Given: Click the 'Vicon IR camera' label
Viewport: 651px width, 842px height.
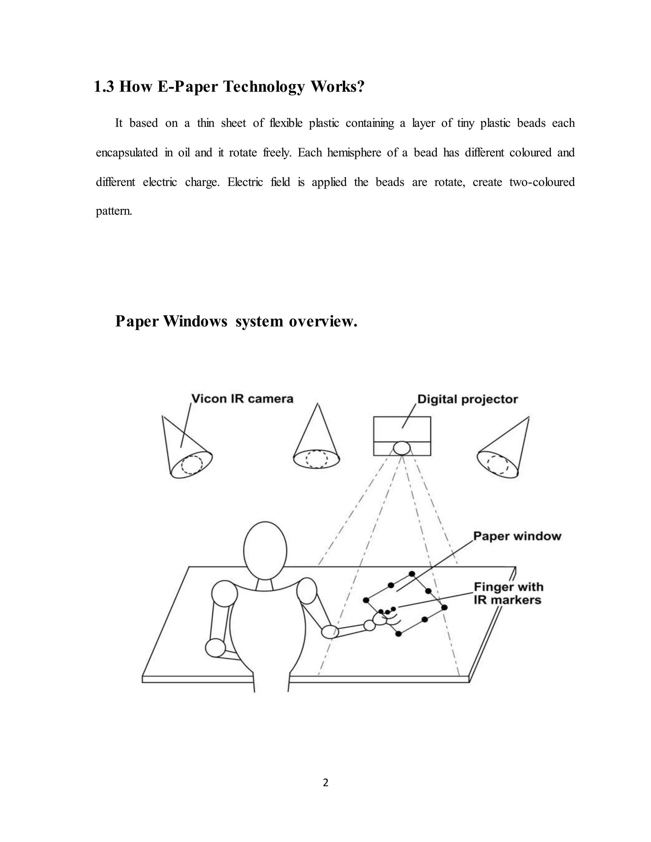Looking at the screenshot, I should (x=242, y=399).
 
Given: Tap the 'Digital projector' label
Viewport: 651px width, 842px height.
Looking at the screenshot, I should (x=467, y=399).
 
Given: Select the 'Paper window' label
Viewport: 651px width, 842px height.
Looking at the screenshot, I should (x=517, y=536).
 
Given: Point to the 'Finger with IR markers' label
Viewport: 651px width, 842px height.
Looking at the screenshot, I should (x=508, y=593).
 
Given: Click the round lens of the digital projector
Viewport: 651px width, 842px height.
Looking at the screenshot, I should (x=402, y=448).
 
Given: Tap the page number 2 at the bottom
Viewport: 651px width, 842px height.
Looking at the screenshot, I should (x=325, y=783).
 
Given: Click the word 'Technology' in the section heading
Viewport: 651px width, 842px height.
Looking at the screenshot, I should (x=264, y=87).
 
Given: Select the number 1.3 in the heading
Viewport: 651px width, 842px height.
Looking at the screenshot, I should (x=104, y=87).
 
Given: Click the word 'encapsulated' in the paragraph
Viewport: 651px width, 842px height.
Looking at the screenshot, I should (x=127, y=153).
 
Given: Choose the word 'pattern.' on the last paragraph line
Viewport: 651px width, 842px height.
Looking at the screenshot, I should (x=114, y=211).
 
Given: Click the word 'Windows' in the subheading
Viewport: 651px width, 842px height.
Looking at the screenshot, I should (x=195, y=321).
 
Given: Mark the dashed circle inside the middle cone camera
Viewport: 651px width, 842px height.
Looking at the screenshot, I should (x=317, y=459).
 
